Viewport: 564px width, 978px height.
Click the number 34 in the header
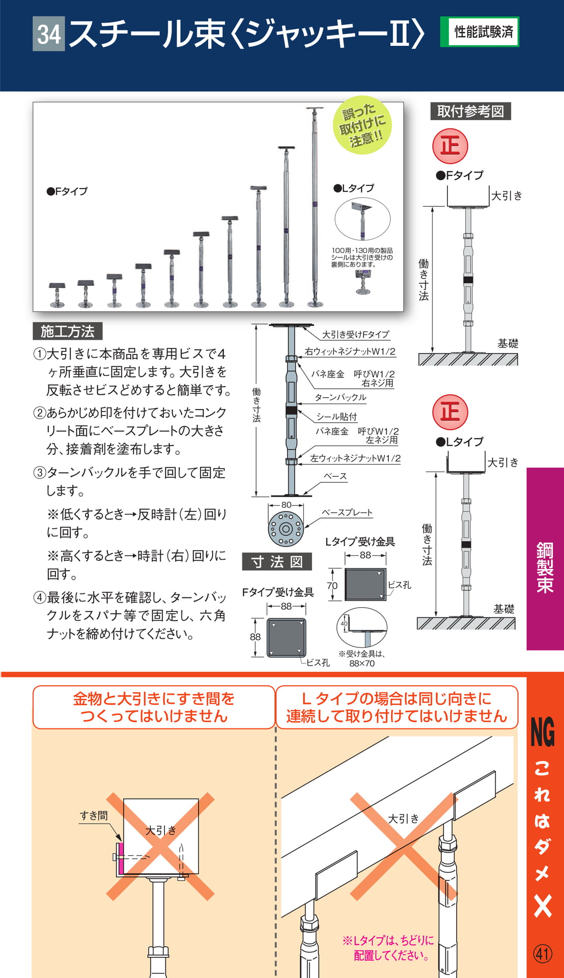click(49, 34)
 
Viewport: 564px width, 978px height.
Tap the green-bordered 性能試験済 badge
click(480, 32)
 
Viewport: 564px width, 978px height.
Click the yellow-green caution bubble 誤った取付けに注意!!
click(362, 125)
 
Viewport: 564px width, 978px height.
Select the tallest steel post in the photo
click(315, 207)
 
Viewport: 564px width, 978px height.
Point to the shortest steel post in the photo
click(57, 295)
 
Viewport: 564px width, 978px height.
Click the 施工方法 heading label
click(68, 331)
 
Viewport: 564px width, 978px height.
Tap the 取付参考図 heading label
click(470, 111)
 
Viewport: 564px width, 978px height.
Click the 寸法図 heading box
click(277, 561)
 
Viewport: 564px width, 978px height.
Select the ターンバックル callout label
click(341, 397)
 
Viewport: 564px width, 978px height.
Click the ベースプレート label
click(347, 512)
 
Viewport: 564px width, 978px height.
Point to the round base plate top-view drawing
click(286, 529)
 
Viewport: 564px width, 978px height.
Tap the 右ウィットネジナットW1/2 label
click(350, 351)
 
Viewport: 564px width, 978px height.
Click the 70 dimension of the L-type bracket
click(332, 586)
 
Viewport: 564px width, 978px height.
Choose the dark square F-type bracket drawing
click(287, 637)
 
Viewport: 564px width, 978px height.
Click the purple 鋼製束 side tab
click(545, 559)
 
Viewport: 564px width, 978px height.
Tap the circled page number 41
click(543, 953)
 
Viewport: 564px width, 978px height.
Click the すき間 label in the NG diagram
click(94, 816)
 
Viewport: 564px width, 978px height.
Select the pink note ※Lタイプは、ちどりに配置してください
click(388, 948)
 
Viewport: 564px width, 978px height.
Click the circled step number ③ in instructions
click(40, 473)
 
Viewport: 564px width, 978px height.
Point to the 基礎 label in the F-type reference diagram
click(507, 343)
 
